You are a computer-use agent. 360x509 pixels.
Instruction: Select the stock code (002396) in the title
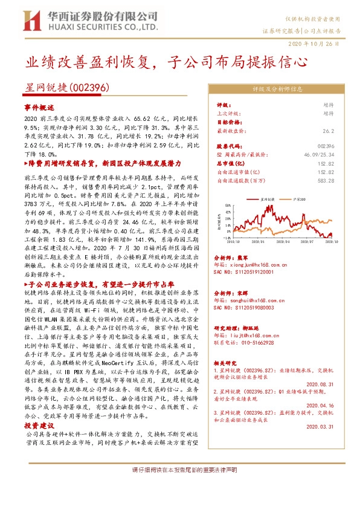click(x=89, y=88)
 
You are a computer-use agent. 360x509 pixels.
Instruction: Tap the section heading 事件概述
click(x=39, y=106)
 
